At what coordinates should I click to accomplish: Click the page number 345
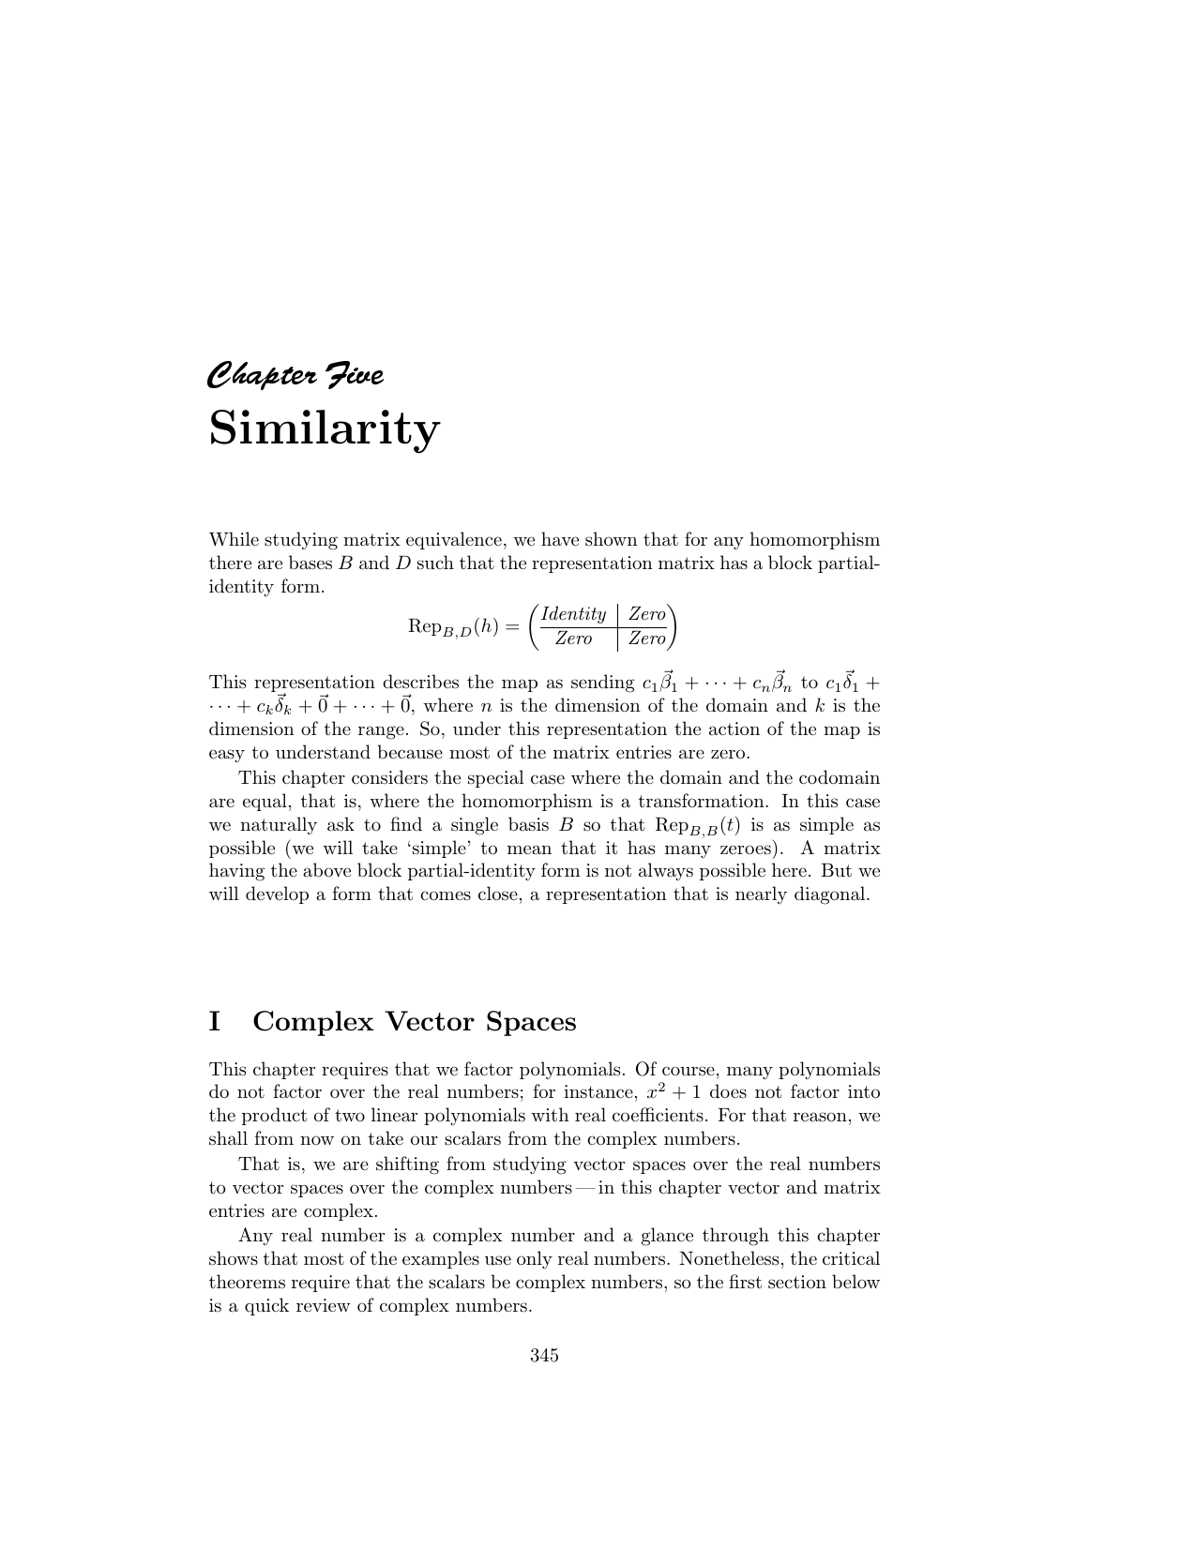[x=544, y=1355]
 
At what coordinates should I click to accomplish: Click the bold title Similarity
[x=324, y=428]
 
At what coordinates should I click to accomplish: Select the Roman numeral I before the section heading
[x=214, y=1021]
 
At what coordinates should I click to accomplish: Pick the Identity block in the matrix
[x=573, y=614]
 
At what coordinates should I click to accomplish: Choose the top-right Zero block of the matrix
[x=646, y=614]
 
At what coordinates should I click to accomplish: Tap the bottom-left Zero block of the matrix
[x=573, y=639]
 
